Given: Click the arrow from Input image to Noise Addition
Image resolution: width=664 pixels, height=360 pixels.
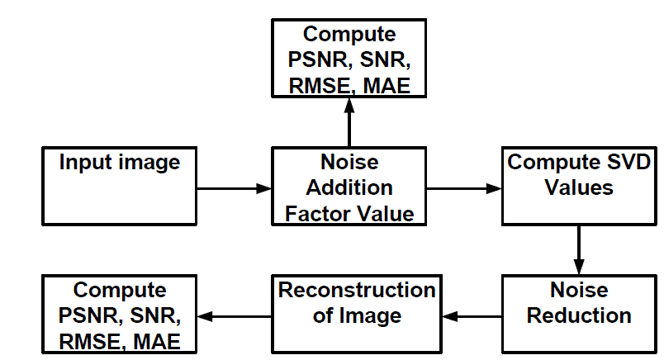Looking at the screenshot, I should [235, 188].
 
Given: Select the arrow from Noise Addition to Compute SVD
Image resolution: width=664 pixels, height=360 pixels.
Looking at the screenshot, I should [463, 188].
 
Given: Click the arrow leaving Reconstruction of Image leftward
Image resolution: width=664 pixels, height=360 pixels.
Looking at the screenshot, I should [235, 315].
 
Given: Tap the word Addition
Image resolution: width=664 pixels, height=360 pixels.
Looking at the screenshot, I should [349, 187].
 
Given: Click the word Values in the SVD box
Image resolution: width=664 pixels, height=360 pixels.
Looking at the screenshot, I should [579, 187].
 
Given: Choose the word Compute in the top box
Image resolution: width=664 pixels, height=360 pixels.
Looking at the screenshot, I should [349, 35].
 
